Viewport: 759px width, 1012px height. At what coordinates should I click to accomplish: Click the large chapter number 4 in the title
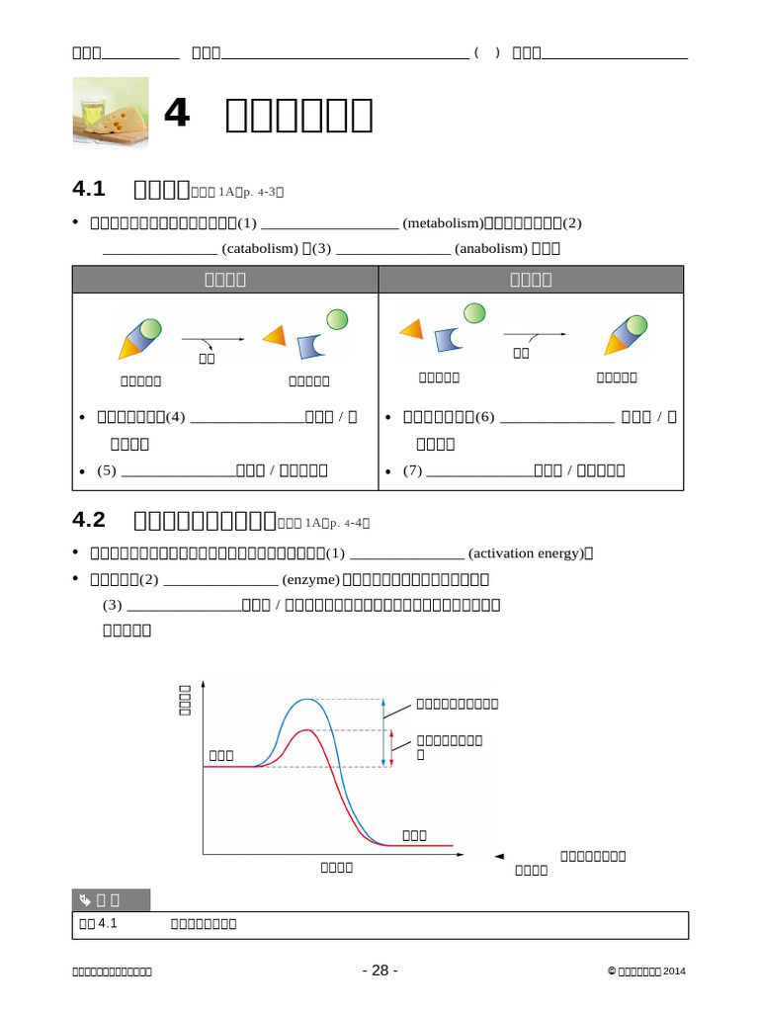(176, 114)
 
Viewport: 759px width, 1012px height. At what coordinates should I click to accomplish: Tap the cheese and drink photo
(111, 114)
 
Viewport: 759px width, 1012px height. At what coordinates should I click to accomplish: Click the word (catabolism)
(260, 248)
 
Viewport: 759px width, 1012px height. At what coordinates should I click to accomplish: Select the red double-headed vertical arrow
(392, 748)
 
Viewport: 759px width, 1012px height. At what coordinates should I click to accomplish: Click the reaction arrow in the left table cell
(211, 339)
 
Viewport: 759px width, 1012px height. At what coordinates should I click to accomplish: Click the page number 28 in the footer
(380, 970)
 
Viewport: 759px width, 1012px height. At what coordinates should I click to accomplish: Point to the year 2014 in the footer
(674, 971)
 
